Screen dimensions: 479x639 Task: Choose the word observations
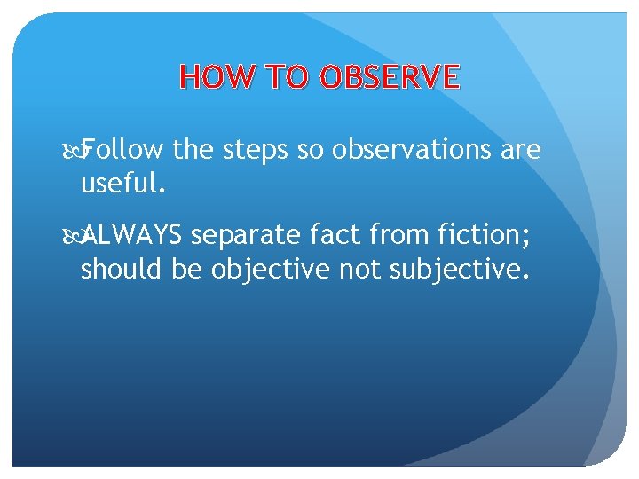point(413,151)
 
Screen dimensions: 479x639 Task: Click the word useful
point(122,185)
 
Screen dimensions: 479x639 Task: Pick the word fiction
point(477,235)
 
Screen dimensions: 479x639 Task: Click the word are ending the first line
point(521,152)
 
